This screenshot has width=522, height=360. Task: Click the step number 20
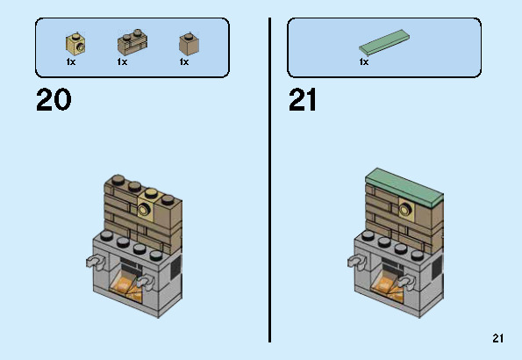pyautogui.click(x=54, y=99)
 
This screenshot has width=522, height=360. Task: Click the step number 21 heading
pyautogui.click(x=303, y=99)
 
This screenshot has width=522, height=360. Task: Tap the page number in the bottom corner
pyautogui.click(x=498, y=338)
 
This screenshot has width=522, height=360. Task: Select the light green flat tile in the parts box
pyautogui.click(x=384, y=42)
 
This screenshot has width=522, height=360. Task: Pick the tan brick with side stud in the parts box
pyautogui.click(x=75, y=44)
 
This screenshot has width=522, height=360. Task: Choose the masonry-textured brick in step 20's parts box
pyautogui.click(x=132, y=43)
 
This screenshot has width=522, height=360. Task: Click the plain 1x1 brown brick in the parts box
pyautogui.click(x=189, y=44)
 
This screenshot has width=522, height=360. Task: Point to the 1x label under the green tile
pyautogui.click(x=364, y=62)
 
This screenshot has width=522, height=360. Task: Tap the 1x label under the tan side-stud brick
pyautogui.click(x=71, y=62)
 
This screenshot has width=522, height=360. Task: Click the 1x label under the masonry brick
pyautogui.click(x=122, y=62)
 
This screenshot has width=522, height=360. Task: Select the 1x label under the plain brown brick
pyautogui.click(x=184, y=62)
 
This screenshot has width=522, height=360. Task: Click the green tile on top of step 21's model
pyautogui.click(x=404, y=187)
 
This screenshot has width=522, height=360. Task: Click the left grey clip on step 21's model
pyautogui.click(x=356, y=260)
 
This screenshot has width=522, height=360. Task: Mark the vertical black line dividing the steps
pyautogui.click(x=269, y=180)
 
